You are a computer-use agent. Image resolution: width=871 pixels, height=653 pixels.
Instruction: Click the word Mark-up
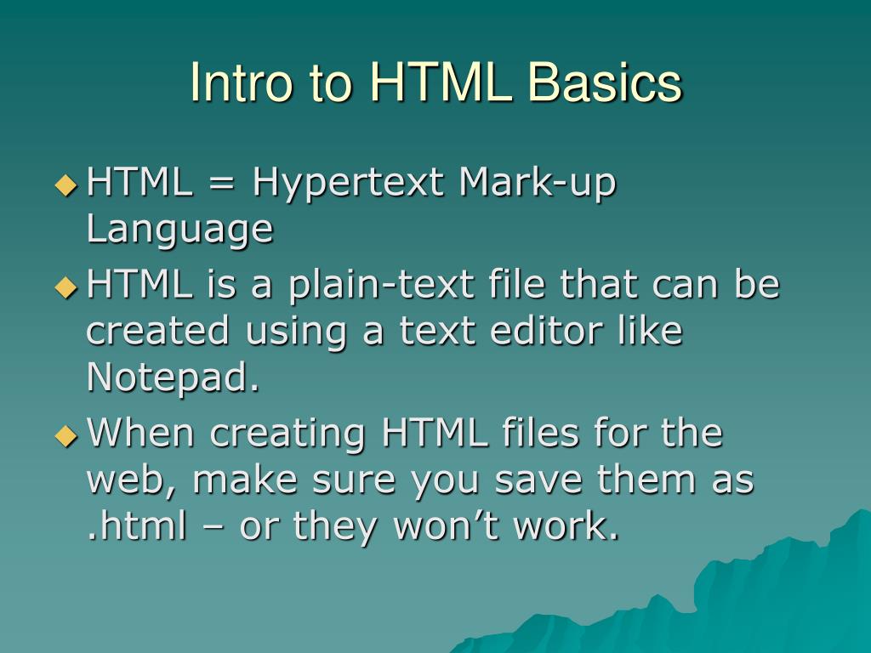(x=537, y=184)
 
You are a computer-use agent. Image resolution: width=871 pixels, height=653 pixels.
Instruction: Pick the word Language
(x=179, y=230)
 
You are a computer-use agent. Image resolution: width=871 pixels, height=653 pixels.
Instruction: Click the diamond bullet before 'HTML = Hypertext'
(x=65, y=185)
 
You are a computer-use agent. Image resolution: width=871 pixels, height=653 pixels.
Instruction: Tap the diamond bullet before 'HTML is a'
(x=65, y=287)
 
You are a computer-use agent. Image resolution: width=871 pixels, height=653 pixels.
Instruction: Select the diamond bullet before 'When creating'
(x=65, y=434)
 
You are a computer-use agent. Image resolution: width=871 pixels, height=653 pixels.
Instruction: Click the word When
(x=142, y=434)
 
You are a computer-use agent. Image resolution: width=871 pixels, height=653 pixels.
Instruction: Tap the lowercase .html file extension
(x=136, y=527)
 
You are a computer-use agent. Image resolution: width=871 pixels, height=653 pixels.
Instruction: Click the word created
(x=158, y=332)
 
